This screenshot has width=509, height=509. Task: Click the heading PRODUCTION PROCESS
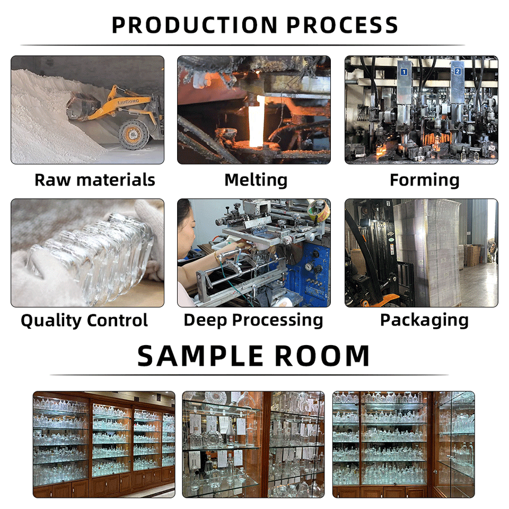(254, 25)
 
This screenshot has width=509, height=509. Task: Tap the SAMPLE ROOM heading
(253, 356)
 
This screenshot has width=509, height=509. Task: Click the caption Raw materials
(95, 180)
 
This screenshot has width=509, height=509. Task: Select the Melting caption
(256, 180)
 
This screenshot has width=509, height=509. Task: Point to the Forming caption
(424, 180)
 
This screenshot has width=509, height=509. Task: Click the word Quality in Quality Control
(51, 320)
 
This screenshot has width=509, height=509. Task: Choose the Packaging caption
(424, 320)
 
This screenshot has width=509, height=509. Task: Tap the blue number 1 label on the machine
(403, 71)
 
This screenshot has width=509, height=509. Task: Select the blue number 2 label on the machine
(457, 71)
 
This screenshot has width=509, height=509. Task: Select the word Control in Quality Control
(117, 320)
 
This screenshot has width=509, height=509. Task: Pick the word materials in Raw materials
(116, 180)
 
